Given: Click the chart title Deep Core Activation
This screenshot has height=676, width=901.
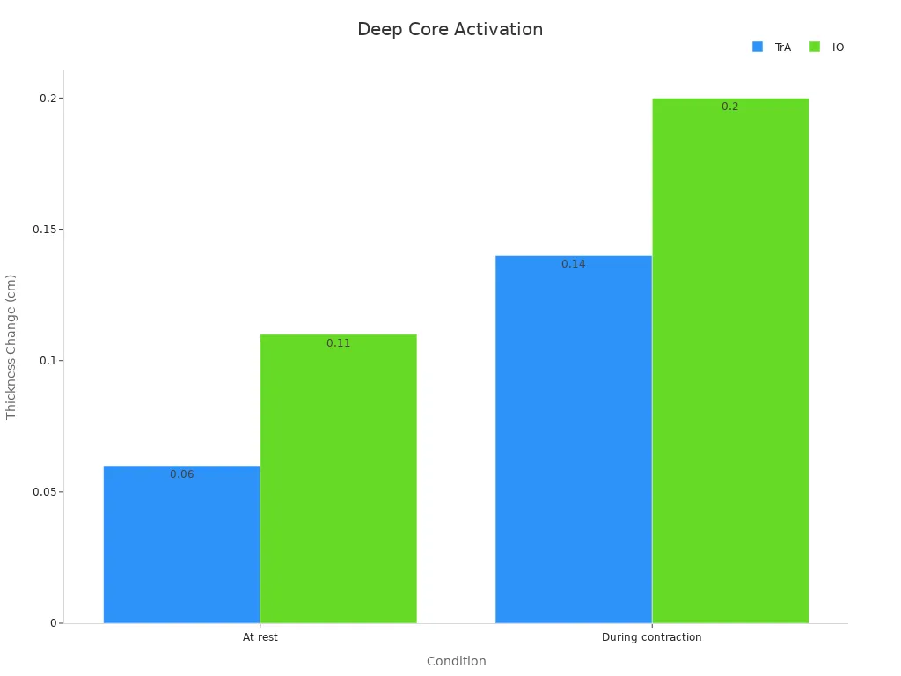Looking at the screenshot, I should [x=450, y=29].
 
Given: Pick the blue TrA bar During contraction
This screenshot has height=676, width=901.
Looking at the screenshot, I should [x=573, y=439].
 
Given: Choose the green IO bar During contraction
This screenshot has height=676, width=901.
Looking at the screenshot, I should [x=729, y=360].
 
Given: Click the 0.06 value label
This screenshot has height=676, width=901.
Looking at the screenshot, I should [x=182, y=474].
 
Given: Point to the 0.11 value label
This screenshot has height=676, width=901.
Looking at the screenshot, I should [x=339, y=343].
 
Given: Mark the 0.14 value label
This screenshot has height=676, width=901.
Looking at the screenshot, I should [x=574, y=264].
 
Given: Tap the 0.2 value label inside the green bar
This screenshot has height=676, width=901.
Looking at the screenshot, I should [x=730, y=107].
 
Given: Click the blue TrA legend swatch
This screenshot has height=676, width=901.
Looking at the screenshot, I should [x=758, y=47].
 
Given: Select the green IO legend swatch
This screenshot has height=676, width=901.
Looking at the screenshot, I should [x=815, y=47].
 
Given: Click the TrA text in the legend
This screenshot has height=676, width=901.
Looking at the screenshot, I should [x=783, y=48].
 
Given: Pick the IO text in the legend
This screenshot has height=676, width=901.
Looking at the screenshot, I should [x=838, y=48].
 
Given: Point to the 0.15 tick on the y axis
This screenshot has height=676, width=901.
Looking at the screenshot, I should [x=44, y=229].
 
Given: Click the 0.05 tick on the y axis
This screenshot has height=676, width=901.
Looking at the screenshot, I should [x=44, y=492].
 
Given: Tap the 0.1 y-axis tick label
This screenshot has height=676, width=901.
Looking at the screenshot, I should [x=48, y=361].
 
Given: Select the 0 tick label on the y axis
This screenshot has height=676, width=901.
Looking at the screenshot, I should [x=53, y=623].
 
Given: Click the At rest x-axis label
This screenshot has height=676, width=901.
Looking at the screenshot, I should [x=260, y=637].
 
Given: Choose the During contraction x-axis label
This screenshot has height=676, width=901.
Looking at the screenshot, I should [x=651, y=637].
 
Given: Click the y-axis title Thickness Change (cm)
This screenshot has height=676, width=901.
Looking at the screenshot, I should [x=11, y=347].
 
